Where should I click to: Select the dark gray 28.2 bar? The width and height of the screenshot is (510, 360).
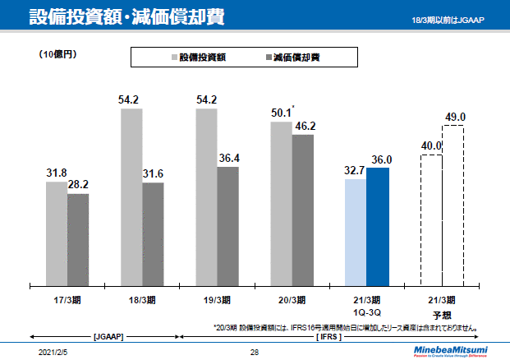pos(78,239)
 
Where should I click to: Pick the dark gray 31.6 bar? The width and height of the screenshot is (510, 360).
pos(153,233)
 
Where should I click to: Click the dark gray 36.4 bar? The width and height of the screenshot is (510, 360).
pos(228,226)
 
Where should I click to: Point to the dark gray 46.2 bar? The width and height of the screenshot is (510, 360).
pos(302,210)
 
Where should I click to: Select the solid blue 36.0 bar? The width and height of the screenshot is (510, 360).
pos(378,226)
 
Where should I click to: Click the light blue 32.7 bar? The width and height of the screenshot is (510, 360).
pos(356,232)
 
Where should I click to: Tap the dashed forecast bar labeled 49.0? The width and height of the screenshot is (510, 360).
pos(453,205)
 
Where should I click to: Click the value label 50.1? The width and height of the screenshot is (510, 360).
pos(281,113)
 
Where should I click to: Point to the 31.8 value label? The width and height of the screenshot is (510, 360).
pos(56,173)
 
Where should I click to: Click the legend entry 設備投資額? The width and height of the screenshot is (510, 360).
pos(200,57)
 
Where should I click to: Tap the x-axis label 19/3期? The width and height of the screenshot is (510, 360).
pos(216,299)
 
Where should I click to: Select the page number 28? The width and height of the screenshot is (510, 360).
pos(255,351)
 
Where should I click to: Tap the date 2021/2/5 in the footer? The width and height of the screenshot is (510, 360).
pos(54,351)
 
